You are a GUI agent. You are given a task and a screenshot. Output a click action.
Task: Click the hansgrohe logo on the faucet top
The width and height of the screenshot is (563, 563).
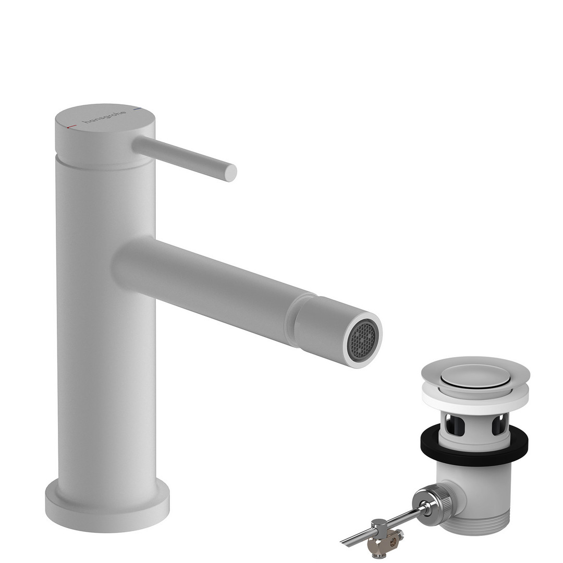pos(104,117)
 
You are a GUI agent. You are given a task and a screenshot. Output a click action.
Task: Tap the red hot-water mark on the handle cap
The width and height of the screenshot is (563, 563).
pos(71,127)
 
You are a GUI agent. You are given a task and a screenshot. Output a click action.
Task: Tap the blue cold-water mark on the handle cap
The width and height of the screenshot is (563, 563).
pos(137,108)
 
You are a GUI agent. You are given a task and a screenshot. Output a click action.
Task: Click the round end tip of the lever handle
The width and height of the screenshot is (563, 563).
pos(230,173)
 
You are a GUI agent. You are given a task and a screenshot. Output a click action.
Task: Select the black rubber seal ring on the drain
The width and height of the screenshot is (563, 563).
pos(475,443)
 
